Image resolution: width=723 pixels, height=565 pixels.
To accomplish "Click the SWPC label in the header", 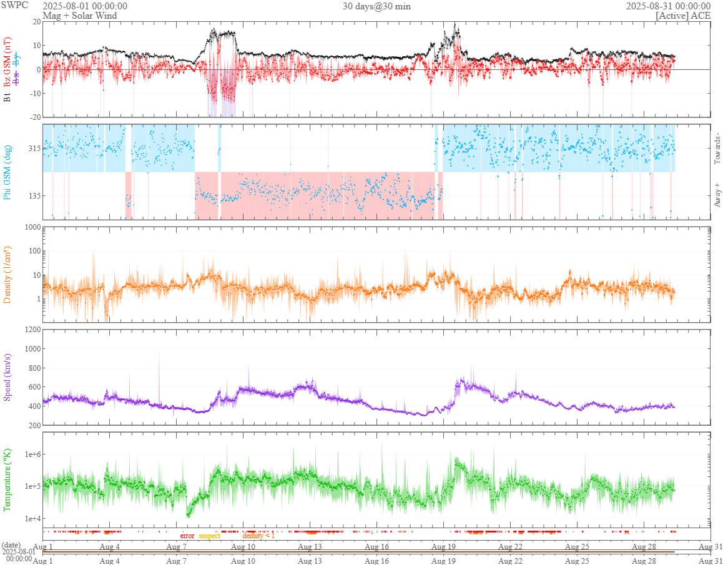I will pos(14,5).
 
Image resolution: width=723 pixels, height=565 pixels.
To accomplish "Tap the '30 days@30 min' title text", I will pos(376,6).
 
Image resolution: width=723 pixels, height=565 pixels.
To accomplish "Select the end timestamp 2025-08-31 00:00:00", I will pos(668,6).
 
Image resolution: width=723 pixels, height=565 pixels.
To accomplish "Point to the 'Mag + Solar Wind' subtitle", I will pos(77,16).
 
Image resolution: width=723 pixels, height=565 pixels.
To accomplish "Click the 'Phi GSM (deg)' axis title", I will pos(8,172).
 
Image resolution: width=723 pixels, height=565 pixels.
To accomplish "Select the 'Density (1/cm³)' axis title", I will pos(8,275).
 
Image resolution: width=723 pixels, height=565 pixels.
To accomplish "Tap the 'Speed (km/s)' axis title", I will pos(8,378).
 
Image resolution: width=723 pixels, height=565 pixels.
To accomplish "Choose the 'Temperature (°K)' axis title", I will pos(8,479).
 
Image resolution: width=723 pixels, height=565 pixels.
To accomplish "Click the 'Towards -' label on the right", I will pos(717,149).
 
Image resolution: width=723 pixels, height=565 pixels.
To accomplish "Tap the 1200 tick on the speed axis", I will pos(31,330).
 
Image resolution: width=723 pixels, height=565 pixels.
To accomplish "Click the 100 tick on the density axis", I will pos(33,251).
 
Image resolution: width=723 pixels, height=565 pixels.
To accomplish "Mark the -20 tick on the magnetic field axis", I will pos(35,117).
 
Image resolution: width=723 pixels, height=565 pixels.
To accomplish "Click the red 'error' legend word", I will pos(187,536).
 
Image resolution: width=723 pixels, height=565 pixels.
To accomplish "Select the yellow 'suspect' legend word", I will pos(209,536).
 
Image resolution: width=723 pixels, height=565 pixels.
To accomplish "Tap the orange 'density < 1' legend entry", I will pos(258,536).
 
